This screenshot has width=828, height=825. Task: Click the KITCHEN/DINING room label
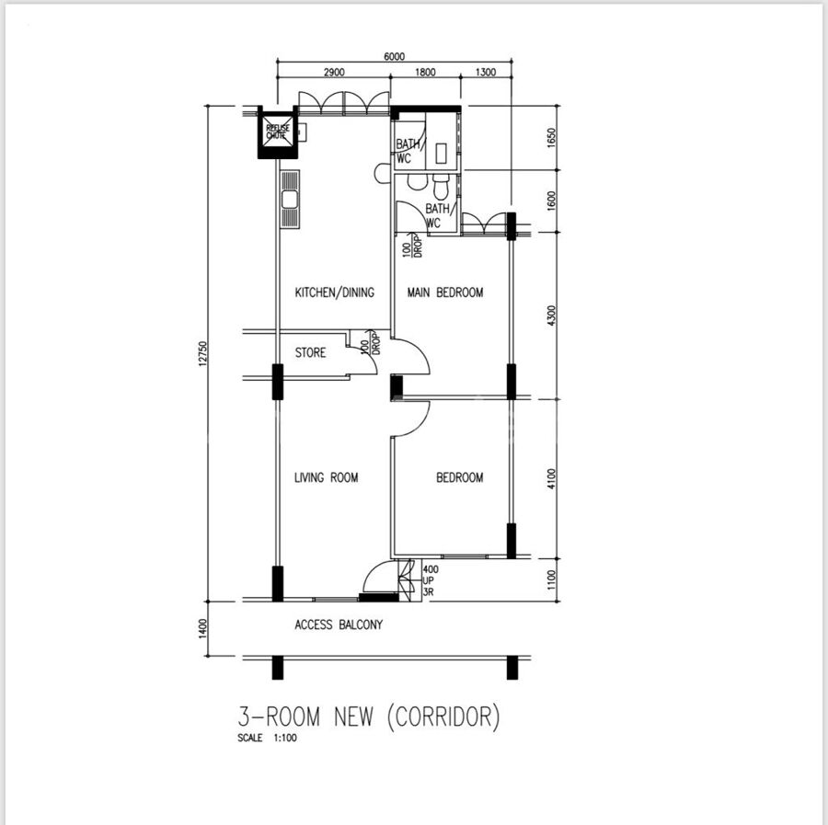[334, 292]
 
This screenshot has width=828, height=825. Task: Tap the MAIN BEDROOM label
[445, 292]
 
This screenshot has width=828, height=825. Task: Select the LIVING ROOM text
[327, 477]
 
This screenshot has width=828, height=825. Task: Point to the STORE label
[311, 352]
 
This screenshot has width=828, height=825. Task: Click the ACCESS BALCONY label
[339, 624]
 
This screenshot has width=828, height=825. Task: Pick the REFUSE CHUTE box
[278, 132]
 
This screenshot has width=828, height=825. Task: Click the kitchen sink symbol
[290, 200]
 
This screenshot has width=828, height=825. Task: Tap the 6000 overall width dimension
[395, 56]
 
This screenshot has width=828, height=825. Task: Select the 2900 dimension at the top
[334, 73]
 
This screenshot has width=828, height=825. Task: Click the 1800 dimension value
[425, 73]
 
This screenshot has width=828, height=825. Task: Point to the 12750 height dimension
[203, 354]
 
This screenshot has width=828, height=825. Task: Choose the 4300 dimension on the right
[552, 315]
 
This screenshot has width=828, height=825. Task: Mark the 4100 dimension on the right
[552, 479]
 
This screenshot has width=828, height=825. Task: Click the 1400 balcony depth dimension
[203, 629]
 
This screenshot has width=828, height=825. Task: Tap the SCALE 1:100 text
[267, 738]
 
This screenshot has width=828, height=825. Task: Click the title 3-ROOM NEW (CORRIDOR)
[369, 716]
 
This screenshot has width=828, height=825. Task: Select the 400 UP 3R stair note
[431, 580]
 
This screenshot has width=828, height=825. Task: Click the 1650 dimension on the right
[552, 138]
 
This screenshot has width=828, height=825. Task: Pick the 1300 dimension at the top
[486, 73]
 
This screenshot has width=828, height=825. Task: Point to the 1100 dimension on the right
[552, 579]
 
